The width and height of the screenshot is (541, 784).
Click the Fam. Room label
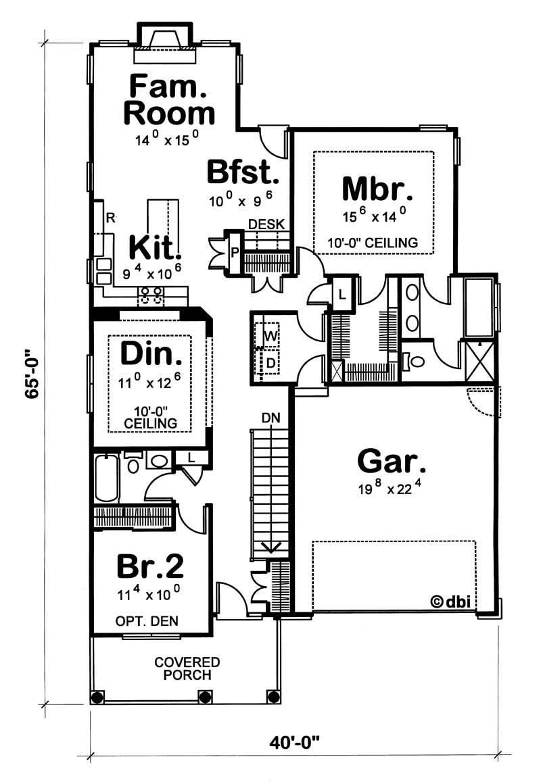click(168, 100)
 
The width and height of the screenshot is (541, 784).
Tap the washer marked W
click(270, 335)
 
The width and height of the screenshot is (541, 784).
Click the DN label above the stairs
click(270, 419)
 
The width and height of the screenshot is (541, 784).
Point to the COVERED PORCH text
click(186, 668)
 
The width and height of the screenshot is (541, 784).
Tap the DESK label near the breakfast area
click(266, 224)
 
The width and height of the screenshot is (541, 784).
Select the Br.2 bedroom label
click(150, 566)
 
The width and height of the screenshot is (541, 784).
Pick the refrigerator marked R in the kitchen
click(110, 217)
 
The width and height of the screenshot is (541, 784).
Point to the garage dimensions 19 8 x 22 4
click(392, 491)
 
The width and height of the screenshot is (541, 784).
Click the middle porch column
click(204, 697)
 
